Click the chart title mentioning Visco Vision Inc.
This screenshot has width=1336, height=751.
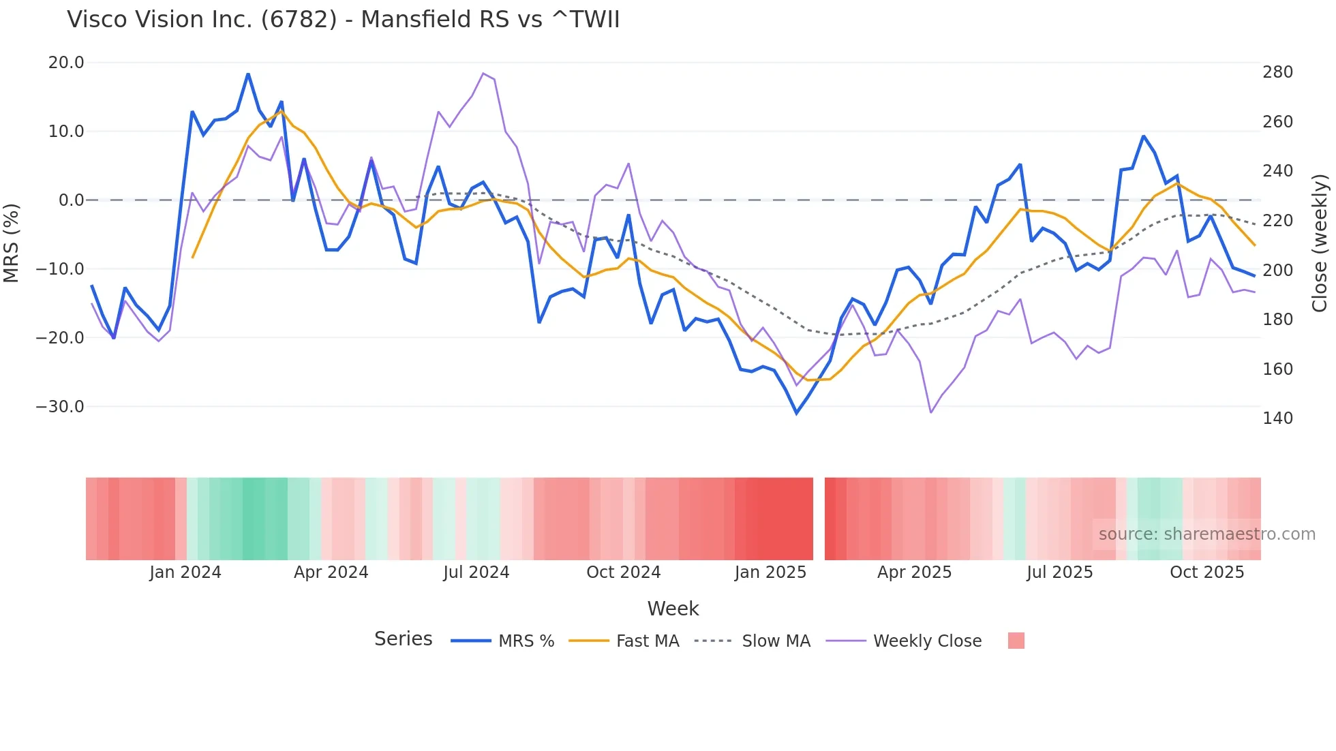[343, 20]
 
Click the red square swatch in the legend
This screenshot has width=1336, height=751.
[1016, 641]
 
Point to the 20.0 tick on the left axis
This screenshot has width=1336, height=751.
[66, 63]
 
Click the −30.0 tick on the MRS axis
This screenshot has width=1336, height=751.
[60, 407]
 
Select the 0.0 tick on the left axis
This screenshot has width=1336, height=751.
[71, 200]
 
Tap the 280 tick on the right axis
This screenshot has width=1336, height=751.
[1277, 72]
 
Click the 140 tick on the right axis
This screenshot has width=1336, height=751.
[1277, 418]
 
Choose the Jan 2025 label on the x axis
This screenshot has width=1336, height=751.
[770, 572]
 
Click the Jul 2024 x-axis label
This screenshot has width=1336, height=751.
[476, 572]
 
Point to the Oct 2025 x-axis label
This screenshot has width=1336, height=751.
[1206, 572]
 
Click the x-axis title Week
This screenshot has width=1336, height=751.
[673, 609]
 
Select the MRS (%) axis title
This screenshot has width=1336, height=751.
[12, 243]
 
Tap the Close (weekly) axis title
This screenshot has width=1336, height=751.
[1320, 243]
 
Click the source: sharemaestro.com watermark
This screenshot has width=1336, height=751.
[1206, 534]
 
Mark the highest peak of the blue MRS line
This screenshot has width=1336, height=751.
[248, 74]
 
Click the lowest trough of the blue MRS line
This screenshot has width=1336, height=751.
[796, 413]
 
